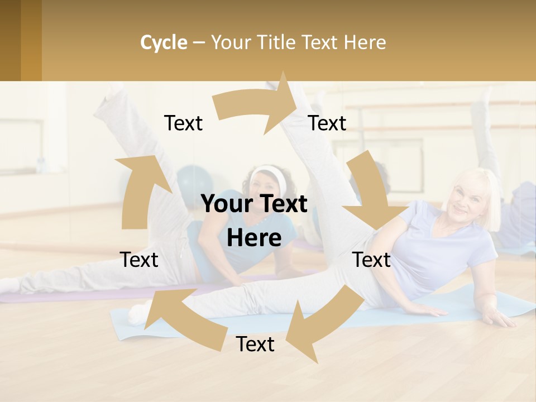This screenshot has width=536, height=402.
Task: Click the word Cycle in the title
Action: click(164, 42)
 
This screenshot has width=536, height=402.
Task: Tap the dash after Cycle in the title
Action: click(199, 42)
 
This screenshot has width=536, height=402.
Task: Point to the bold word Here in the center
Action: click(254, 238)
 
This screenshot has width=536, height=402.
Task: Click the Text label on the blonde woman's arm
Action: click(371, 260)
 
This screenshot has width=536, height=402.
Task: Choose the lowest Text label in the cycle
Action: click(255, 344)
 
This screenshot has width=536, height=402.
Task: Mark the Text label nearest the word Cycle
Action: click(183, 123)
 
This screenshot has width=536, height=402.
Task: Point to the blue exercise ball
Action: click(193, 184)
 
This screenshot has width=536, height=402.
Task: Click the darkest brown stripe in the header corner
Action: click(10, 40)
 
